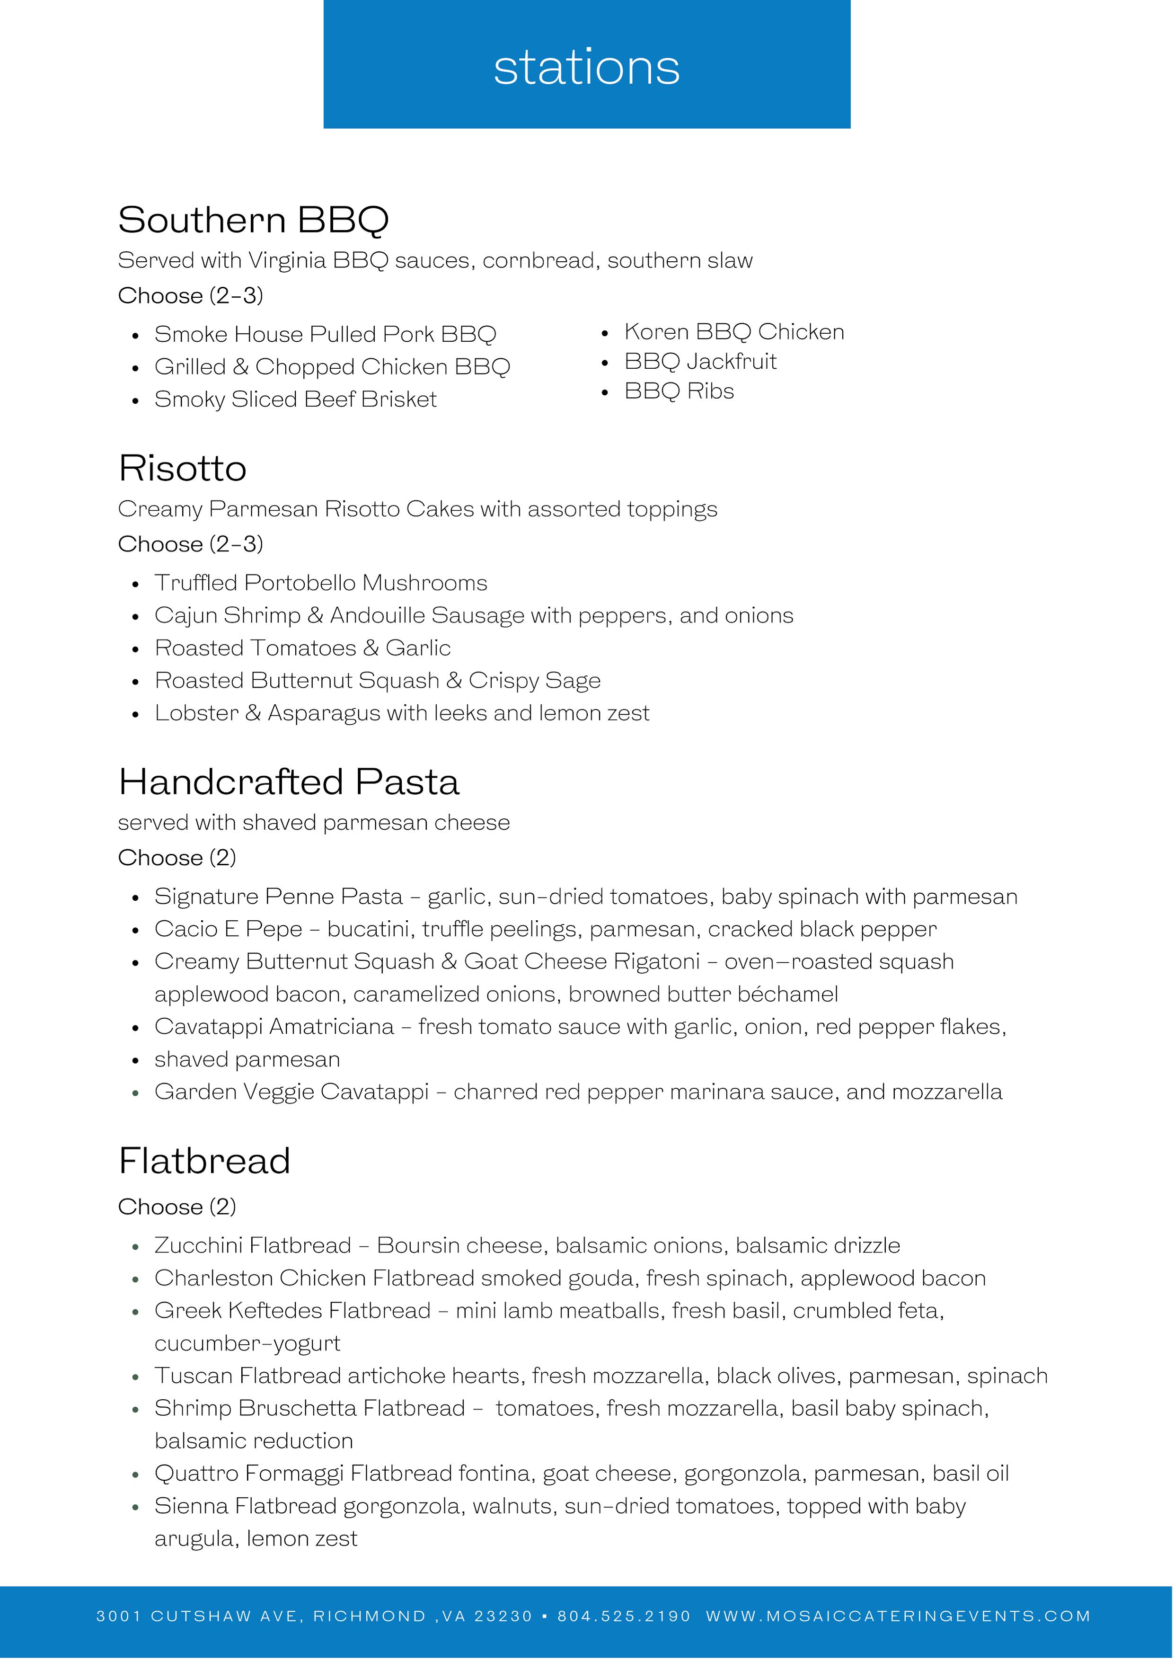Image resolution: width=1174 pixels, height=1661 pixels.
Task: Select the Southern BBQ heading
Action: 253,220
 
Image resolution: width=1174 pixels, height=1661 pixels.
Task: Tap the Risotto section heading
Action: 182,468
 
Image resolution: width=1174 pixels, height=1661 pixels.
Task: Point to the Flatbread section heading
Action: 204,1161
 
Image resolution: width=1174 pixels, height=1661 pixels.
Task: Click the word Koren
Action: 656,331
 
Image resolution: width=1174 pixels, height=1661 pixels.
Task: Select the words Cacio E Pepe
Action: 228,929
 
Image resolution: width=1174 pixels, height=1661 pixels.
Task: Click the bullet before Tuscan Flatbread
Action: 135,1376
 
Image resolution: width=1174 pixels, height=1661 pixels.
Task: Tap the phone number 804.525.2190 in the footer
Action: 624,1616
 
